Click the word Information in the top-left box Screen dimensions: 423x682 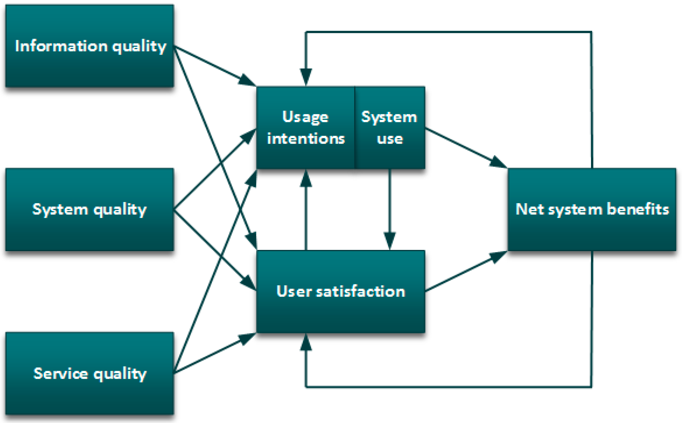(x=61, y=46)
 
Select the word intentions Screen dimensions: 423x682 (x=306, y=139)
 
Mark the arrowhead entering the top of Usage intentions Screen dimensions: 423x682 (x=306, y=77)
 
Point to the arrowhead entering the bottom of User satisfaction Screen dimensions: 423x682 (x=306, y=342)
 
